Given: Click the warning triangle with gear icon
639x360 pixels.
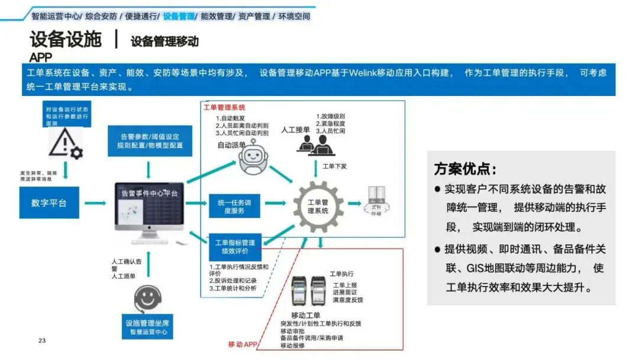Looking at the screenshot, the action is click(x=66, y=144).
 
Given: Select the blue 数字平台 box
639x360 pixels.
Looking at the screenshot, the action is click(x=49, y=203).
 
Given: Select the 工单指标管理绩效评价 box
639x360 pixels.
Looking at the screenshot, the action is click(x=235, y=246).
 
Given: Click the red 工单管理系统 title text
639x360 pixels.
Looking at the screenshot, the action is click(x=224, y=108).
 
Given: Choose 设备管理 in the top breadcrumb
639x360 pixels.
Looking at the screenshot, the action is click(x=179, y=17).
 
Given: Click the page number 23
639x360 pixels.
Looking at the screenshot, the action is click(x=41, y=340).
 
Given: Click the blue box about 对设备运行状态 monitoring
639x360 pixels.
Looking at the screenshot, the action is click(x=67, y=112).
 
